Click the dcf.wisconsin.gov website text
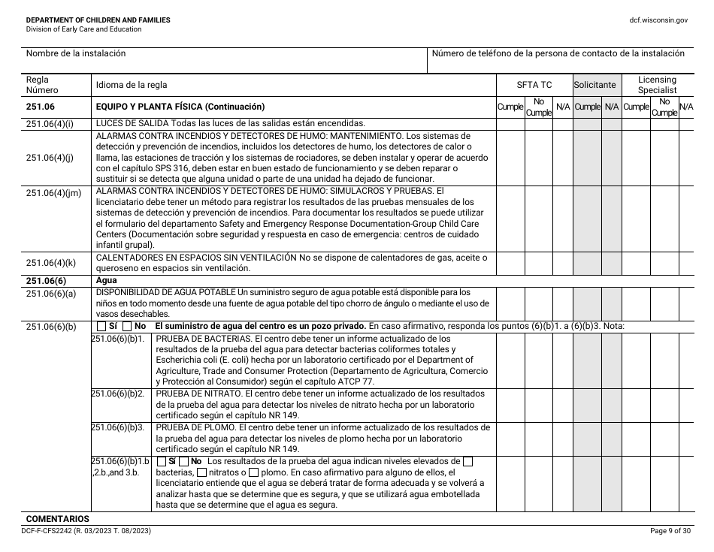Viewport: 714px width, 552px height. pos(658,20)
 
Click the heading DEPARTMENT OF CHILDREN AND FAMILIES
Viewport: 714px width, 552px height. pos(98,20)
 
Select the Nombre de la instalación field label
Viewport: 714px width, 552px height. pos(76,54)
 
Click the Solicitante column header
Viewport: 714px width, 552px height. pos(594,85)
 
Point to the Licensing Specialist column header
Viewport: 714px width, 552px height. pos(657,85)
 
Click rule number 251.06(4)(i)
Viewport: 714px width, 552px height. pos(50,123)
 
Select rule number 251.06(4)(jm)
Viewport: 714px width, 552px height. pos(53,193)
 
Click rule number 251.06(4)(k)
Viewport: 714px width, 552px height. pos(51,262)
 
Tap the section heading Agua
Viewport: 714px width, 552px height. pos(107,280)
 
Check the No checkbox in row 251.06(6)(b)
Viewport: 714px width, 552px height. pos(127,327)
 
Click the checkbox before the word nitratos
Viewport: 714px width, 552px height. pos(201,472)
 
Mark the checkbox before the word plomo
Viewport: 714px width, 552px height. pos(254,472)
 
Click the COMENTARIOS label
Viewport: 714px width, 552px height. pos(57,519)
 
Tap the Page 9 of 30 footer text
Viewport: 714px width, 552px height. pos(669,531)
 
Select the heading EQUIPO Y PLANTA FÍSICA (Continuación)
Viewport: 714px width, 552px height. pos(180,107)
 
